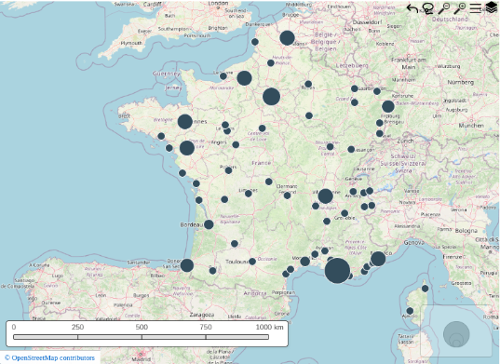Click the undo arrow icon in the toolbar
[x=412, y=8]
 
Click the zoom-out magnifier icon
[x=444, y=8]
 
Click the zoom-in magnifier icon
[x=460, y=8]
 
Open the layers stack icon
[x=491, y=8]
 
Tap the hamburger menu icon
[x=476, y=8]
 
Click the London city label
[x=218, y=4]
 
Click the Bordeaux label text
[x=191, y=224]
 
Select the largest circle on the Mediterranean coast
[x=337, y=271]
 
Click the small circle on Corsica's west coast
[x=410, y=311]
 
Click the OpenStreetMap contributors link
[x=53, y=357]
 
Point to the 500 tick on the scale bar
[x=142, y=328]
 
